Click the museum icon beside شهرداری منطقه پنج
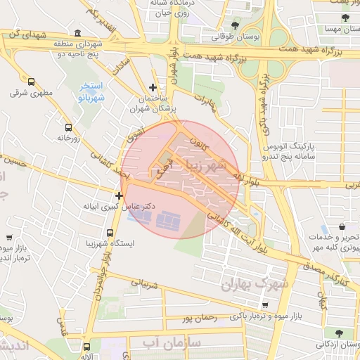(x=76, y=34)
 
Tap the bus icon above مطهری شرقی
(x=31, y=82)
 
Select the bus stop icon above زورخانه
(x=68, y=127)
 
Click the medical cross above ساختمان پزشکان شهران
(x=153, y=86)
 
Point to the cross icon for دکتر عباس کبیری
(x=120, y=195)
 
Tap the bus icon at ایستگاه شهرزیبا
(x=110, y=233)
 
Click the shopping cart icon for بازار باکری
(x=265, y=305)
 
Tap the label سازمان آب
(x=174, y=342)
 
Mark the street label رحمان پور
(x=198, y=318)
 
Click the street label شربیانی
(x=152, y=285)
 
